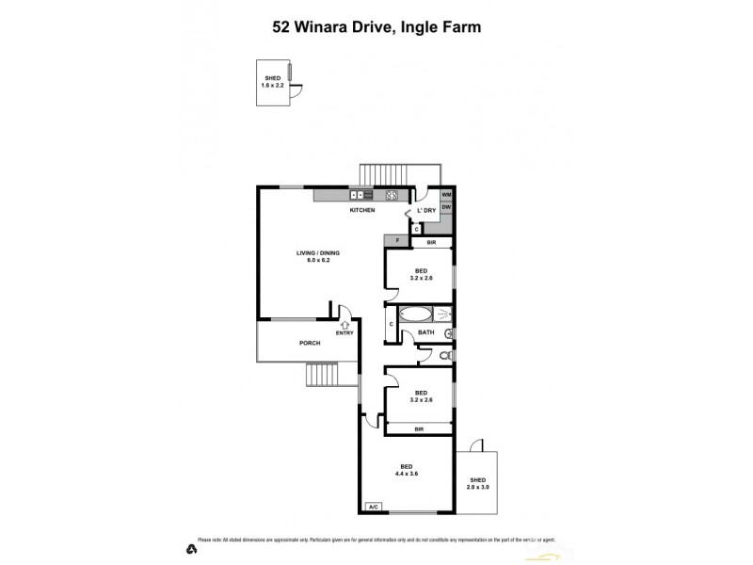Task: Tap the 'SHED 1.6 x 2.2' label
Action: pos(272,81)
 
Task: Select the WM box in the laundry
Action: pos(446,195)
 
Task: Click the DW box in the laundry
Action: pos(446,207)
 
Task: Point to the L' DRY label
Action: pos(426,210)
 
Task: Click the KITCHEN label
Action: pos(362,210)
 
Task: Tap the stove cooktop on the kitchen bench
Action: pos(392,195)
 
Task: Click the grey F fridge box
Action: pos(397,243)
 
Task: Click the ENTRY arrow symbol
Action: pos(344,324)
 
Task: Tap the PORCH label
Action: pos(310,343)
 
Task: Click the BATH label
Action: pos(426,332)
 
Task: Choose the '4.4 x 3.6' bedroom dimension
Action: pos(406,474)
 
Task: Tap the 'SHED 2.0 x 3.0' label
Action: pos(478,484)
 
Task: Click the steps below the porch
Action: pos(328,377)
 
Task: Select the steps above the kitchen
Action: pos(385,174)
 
